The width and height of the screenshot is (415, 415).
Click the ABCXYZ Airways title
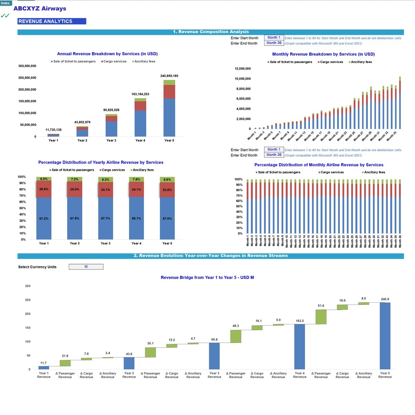[40, 9]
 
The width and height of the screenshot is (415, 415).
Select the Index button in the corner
[6, 3]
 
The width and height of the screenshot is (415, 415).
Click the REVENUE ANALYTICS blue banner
[52, 21]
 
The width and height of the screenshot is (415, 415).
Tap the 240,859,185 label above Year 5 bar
[169, 76]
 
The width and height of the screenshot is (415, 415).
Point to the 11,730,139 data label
[53, 130]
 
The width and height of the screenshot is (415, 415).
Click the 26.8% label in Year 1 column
[44, 190]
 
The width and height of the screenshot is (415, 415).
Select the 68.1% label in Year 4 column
[136, 219]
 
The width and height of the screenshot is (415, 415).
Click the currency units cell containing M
[86, 267]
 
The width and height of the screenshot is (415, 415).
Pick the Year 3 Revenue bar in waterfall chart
[214, 356]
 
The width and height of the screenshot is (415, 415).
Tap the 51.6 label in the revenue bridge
[321, 306]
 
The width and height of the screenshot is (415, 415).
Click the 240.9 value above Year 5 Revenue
[385, 299]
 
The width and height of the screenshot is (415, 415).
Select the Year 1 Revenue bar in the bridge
[44, 368]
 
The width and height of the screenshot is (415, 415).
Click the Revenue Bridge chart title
[207, 277]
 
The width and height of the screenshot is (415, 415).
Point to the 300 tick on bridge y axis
[28, 286]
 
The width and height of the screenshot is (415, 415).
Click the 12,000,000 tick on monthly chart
[242, 68]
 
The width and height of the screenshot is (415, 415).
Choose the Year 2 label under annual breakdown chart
[82, 140]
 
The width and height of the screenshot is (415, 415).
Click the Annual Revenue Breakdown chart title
[107, 54]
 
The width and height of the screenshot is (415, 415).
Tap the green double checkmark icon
[5, 16]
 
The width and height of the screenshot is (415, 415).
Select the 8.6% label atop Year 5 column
[167, 179]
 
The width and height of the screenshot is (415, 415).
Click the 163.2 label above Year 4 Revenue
[299, 321]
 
